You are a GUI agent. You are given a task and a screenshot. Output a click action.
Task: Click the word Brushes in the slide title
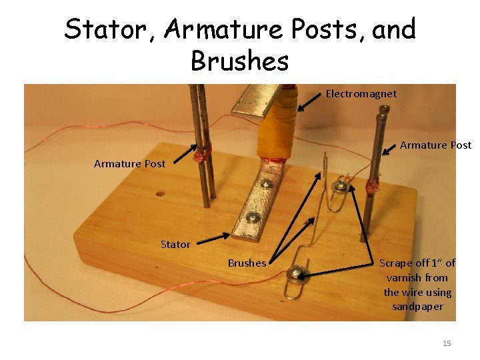point(239,61)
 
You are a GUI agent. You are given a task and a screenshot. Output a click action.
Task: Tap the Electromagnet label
point(361,94)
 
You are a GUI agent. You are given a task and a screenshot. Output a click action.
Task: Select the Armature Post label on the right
point(435,145)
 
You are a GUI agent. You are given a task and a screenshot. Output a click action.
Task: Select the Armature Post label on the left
point(129,163)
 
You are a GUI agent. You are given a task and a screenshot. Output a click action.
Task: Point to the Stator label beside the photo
point(175,245)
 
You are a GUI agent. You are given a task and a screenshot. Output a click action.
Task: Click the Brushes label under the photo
point(247,263)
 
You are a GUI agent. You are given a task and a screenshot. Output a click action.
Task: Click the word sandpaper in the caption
point(417,307)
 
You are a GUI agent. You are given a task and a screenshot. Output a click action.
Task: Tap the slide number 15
point(447,343)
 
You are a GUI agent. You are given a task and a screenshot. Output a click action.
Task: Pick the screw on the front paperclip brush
point(294,273)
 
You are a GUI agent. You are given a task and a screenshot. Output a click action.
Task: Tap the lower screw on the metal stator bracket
point(252,216)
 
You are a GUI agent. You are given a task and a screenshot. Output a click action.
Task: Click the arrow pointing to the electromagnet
point(309,101)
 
